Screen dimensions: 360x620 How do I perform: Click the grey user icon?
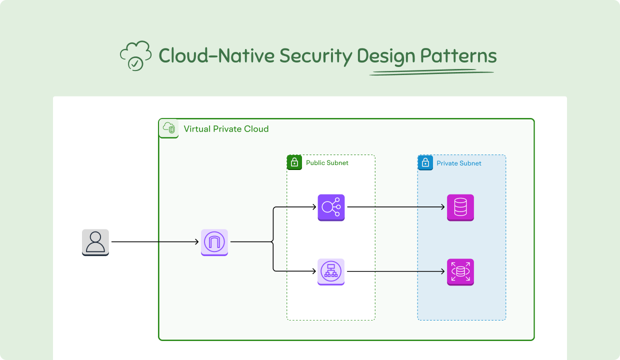tap(95, 242)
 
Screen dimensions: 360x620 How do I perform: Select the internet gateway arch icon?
tap(214, 242)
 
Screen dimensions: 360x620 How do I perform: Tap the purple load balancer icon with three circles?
tap(331, 207)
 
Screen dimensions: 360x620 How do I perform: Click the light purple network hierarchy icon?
tap(331, 272)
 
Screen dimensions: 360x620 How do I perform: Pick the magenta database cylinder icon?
tap(460, 207)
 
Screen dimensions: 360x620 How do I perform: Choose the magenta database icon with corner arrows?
tap(460, 272)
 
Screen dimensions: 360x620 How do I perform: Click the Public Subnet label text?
tap(327, 163)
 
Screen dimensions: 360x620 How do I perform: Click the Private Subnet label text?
tap(459, 163)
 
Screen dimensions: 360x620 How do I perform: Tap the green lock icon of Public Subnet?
tap(294, 162)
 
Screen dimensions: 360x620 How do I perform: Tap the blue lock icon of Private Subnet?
tap(425, 162)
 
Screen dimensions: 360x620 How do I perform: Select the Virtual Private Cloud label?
tap(226, 129)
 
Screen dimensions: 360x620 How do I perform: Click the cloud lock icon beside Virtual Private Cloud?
tap(168, 128)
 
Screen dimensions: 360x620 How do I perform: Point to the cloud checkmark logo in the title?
tap(135, 55)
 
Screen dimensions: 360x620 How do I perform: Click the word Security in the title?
tap(315, 56)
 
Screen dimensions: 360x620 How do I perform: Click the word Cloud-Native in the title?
tap(216, 55)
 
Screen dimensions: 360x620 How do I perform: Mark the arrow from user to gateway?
tap(155, 242)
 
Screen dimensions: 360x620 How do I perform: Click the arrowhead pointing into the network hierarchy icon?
tap(314, 271)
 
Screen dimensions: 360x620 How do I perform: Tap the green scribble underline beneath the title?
tap(431, 73)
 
